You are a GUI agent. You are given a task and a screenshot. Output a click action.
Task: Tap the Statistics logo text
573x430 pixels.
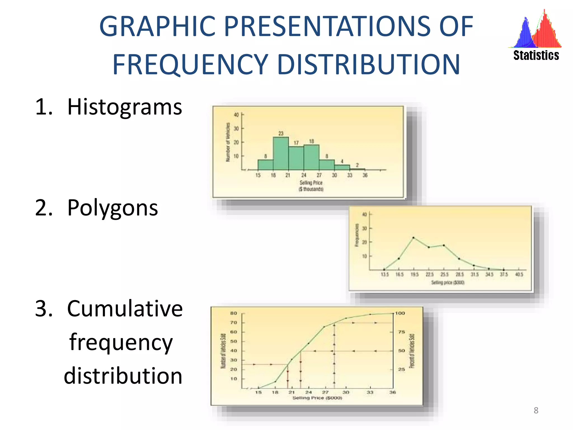(x=536, y=55)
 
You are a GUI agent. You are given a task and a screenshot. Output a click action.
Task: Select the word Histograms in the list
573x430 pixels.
(x=125, y=107)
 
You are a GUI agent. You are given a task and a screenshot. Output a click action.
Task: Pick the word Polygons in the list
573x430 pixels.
(x=112, y=208)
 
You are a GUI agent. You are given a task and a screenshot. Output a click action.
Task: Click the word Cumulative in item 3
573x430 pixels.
(x=125, y=309)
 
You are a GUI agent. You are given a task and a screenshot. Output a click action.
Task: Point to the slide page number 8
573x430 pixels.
(x=536, y=410)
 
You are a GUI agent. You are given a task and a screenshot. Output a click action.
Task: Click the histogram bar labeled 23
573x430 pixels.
(x=281, y=153)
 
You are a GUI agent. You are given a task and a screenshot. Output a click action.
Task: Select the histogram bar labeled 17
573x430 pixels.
(x=296, y=158)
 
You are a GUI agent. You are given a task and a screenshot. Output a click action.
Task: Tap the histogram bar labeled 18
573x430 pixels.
(x=311, y=157)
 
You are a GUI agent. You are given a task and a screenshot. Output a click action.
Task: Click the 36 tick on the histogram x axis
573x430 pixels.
(x=365, y=175)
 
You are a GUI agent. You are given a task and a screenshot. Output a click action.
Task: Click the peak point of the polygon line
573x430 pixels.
(x=414, y=238)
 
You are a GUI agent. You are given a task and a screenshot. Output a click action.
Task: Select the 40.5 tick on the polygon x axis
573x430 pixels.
(x=519, y=274)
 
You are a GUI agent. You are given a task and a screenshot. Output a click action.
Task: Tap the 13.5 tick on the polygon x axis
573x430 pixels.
(x=385, y=274)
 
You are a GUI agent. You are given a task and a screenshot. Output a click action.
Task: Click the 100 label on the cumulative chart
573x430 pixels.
(x=400, y=313)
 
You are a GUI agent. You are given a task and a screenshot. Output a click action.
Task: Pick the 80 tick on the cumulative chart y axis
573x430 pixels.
(x=234, y=313)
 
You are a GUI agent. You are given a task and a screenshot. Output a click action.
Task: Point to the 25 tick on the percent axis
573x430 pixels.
(x=401, y=369)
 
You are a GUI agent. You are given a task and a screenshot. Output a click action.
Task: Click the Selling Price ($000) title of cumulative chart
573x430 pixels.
(x=317, y=398)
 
